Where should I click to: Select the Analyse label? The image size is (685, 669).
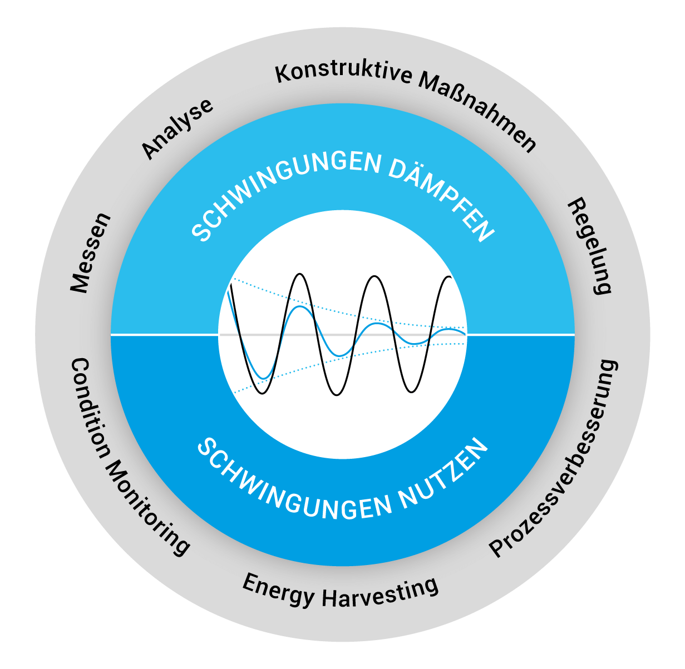(x=177, y=128)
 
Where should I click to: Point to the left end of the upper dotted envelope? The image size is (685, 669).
(x=234, y=278)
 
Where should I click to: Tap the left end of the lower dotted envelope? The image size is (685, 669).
(x=234, y=393)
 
